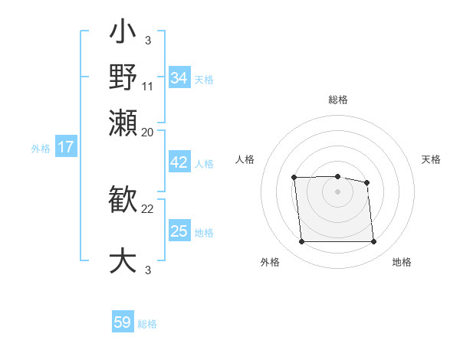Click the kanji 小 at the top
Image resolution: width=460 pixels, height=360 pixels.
click(123, 34)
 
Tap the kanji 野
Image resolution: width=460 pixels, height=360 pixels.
click(123, 77)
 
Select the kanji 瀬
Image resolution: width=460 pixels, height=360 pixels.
click(123, 123)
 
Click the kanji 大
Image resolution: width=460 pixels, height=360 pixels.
click(123, 260)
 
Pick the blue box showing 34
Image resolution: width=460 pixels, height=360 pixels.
click(179, 78)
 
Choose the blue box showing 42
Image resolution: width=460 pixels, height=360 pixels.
click(179, 163)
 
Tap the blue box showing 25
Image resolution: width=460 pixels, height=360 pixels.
click(179, 231)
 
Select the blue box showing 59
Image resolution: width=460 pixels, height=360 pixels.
click(123, 322)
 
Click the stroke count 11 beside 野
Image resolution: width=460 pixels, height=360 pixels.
click(148, 87)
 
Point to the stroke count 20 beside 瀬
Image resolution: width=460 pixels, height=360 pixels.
click(148, 132)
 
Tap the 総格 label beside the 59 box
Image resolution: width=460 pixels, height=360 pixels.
click(147, 324)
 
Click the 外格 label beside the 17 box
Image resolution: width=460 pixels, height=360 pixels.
click(41, 149)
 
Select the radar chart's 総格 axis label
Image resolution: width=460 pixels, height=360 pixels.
click(337, 100)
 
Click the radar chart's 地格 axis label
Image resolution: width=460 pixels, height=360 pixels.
click(402, 262)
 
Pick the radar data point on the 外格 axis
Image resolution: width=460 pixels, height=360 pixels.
click(301, 242)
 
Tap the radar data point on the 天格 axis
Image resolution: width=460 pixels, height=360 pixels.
click(366, 182)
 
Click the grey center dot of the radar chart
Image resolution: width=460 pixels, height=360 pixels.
click(337, 191)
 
